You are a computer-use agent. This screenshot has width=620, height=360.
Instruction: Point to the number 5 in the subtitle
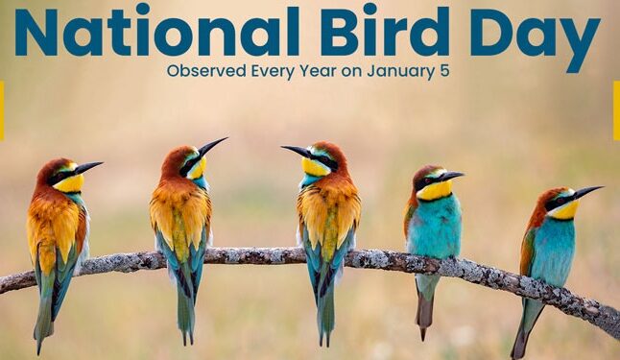(444, 70)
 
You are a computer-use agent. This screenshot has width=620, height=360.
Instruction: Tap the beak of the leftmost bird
(88, 168)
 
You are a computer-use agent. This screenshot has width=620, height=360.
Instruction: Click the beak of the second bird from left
(213, 146)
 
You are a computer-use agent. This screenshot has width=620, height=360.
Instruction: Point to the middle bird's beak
(295, 151)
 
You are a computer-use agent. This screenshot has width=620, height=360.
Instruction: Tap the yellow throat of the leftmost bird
(68, 183)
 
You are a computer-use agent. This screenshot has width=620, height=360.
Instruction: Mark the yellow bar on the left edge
(2, 110)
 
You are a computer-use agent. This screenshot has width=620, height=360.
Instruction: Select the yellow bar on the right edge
(616, 110)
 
